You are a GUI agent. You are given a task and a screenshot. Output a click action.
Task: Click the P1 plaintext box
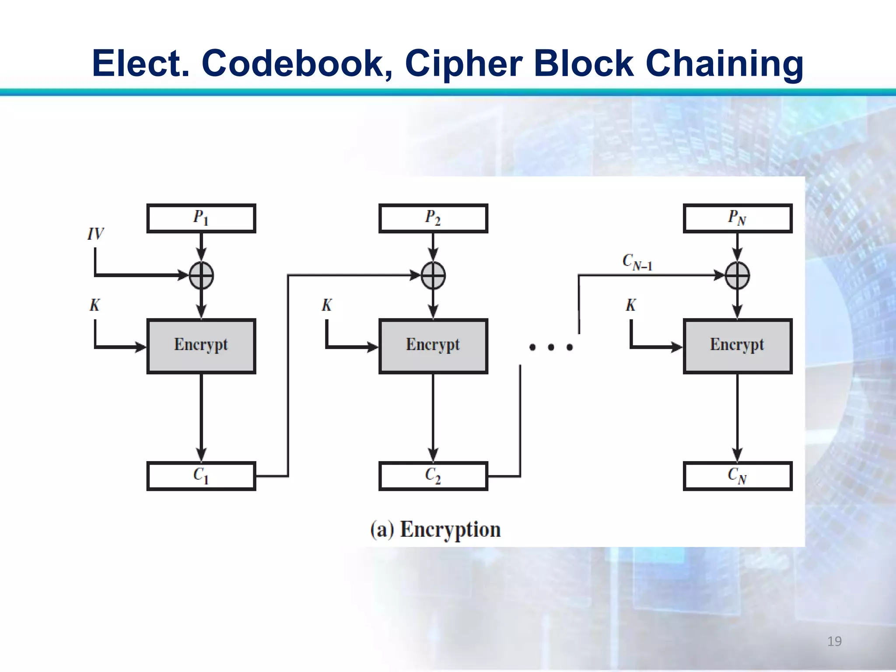coord(201,218)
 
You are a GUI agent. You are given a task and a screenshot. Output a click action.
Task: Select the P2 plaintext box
coord(433,218)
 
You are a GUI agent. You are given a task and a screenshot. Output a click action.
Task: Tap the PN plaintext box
coord(737,218)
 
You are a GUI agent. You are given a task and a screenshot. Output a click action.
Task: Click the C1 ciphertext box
coord(201,476)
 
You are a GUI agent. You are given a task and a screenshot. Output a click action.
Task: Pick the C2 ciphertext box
coord(433,476)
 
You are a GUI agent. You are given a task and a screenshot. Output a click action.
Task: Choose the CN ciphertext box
coord(737,476)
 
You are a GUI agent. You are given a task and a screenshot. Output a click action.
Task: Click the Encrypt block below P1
coord(201,346)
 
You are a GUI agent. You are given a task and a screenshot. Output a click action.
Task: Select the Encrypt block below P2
coord(433,346)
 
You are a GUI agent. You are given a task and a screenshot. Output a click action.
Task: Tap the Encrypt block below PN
coord(737,346)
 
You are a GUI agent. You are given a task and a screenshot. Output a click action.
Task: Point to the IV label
coord(96,234)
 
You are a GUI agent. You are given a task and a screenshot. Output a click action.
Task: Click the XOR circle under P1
coord(201,276)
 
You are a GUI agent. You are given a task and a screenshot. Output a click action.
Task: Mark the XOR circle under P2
coord(433,276)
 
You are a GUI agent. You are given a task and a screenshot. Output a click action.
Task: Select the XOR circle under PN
coord(737,276)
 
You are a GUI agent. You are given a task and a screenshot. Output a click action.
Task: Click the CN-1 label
coord(637,262)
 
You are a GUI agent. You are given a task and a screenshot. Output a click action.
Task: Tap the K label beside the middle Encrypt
coord(327,305)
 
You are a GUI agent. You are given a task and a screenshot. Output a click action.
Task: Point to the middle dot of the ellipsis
coord(551,347)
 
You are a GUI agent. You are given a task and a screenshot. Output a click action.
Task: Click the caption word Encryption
coord(450,529)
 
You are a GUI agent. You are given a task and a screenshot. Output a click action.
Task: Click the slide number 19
coord(834,641)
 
